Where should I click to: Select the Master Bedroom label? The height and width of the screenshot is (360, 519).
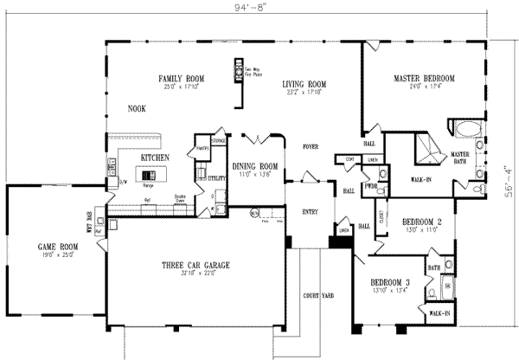click(423, 78)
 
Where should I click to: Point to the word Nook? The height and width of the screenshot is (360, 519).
click(137, 109)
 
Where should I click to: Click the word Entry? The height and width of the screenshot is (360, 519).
click(309, 210)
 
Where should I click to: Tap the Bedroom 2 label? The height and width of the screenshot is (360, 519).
click(419, 222)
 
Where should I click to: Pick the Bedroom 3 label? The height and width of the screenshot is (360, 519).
click(390, 282)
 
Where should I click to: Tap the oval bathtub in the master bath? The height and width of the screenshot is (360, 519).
click(467, 130)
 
